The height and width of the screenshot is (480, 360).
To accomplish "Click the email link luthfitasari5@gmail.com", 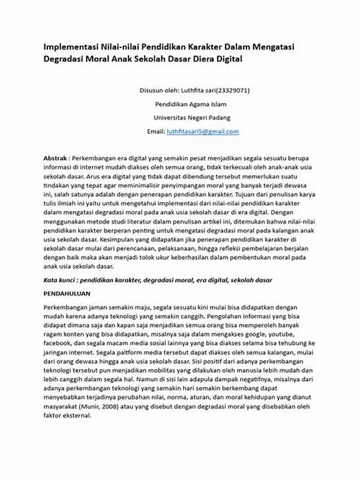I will [x=203, y=131].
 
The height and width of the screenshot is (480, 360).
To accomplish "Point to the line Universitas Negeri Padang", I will [x=191, y=118].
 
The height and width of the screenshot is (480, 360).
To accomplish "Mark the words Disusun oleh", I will [x=158, y=91].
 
